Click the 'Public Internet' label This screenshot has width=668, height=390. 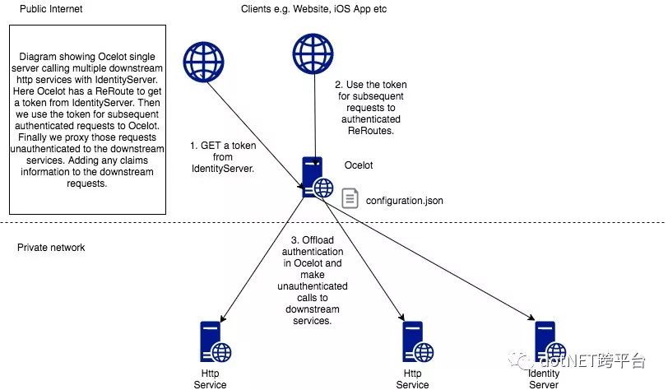click(45, 9)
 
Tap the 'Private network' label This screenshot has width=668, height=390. click(50, 248)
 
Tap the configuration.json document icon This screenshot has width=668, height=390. click(350, 198)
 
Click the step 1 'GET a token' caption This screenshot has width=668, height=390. click(223, 157)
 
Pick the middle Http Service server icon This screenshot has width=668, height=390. click(416, 342)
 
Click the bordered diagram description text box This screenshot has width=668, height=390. click(86, 119)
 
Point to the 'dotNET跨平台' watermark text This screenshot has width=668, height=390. click(592, 360)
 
